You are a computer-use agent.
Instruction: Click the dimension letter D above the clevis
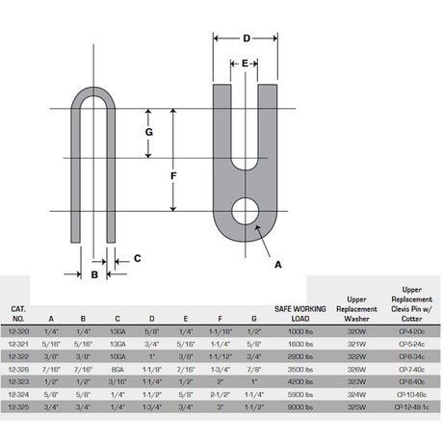tap(247, 39)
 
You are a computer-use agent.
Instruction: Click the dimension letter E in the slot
tap(247, 63)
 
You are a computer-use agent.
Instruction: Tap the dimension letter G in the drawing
tap(148, 132)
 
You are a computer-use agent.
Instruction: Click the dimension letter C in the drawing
tap(138, 257)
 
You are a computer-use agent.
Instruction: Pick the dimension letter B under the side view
tap(94, 274)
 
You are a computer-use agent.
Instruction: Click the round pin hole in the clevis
tap(247, 211)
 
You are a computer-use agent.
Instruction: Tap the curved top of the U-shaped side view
tap(94, 95)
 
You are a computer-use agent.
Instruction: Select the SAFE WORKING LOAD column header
tap(300, 313)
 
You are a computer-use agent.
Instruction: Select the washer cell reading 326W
tap(355, 367)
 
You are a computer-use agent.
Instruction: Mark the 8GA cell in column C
tap(117, 367)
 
